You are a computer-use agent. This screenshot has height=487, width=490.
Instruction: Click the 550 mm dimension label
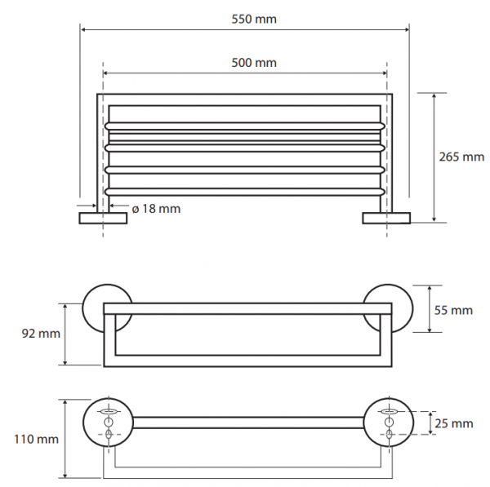coord(254,19)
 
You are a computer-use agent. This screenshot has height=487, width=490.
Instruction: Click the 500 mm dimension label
coord(254,63)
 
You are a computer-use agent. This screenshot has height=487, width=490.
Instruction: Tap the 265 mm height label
coord(461,157)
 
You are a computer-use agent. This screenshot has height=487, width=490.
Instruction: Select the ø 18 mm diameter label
coord(156,209)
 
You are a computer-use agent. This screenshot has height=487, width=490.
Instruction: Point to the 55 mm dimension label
coord(453,310)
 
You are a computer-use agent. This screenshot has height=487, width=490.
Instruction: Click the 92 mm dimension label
coord(41,334)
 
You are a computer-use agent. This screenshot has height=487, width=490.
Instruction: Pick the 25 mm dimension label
coord(454,423)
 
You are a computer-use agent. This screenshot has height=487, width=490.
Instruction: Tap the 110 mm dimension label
coord(36,439)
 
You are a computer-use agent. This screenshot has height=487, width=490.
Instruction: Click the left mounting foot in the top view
coord(103,219)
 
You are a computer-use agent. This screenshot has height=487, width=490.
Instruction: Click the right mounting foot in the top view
coord(386,219)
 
